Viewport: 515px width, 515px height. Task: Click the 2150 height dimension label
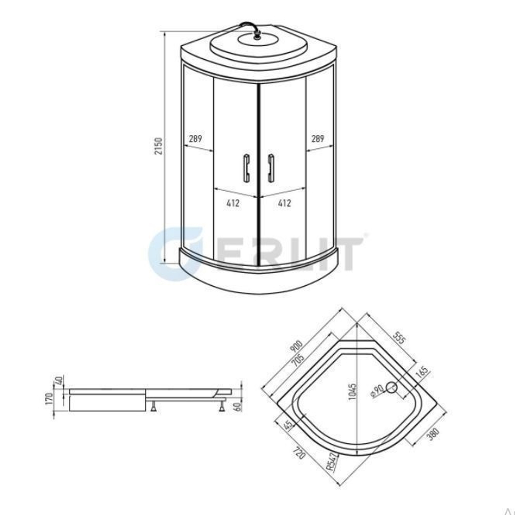(x=159, y=146)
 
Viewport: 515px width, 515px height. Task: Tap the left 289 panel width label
(x=195, y=139)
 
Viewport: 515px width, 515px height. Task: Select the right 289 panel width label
(x=318, y=139)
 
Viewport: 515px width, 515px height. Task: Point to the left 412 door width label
(x=233, y=203)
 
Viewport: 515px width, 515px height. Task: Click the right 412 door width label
(x=284, y=203)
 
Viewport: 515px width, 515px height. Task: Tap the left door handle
(x=246, y=168)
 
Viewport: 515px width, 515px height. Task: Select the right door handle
(x=271, y=168)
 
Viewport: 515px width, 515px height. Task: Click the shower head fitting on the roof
(x=257, y=35)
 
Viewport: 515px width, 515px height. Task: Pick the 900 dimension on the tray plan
(x=297, y=347)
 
